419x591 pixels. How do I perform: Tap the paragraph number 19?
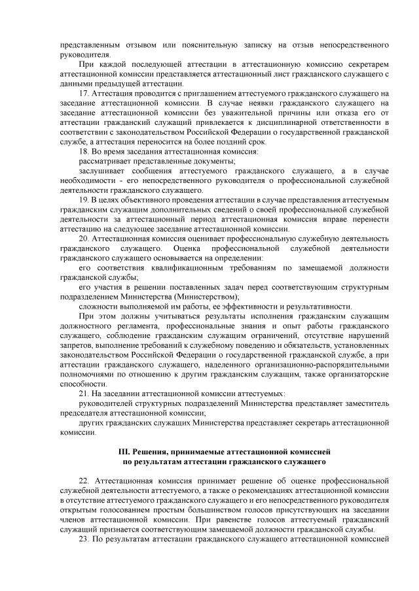[x=83, y=198]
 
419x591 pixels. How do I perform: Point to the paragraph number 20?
[x=83, y=238]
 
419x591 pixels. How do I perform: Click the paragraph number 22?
[x=83, y=480]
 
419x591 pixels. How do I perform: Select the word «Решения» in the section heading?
[x=153, y=451]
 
